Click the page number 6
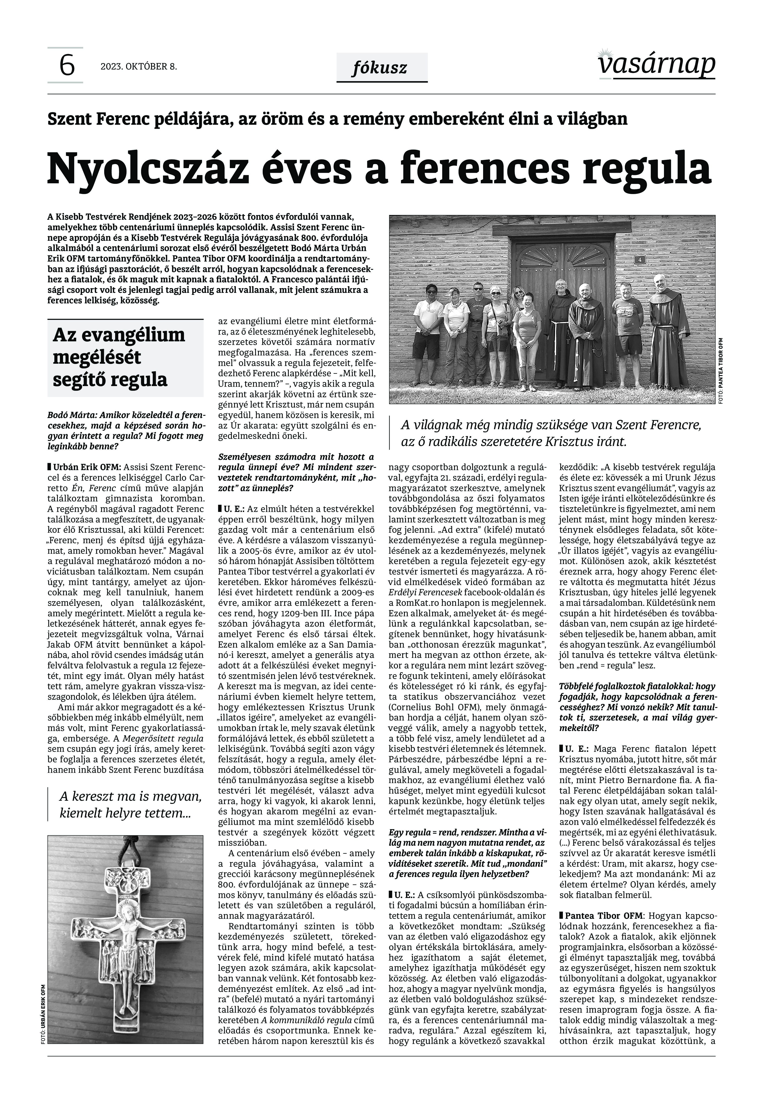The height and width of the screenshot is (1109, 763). pyautogui.click(x=66, y=65)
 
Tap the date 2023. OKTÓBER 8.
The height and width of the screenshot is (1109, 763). pyautogui.click(x=139, y=67)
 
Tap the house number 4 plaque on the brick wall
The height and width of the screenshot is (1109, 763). pyautogui.click(x=640, y=260)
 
